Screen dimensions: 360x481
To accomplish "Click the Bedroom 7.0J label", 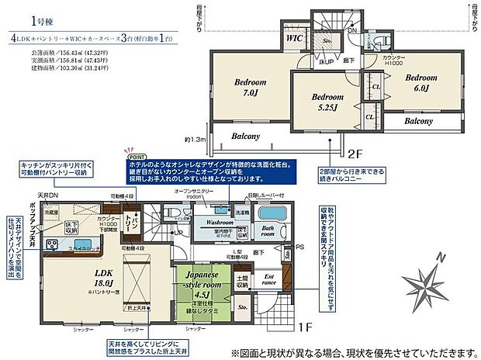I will tap(250, 88).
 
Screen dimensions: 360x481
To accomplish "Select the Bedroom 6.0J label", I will tap(421, 83).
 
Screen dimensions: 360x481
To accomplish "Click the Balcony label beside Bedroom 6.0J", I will tap(419, 122).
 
